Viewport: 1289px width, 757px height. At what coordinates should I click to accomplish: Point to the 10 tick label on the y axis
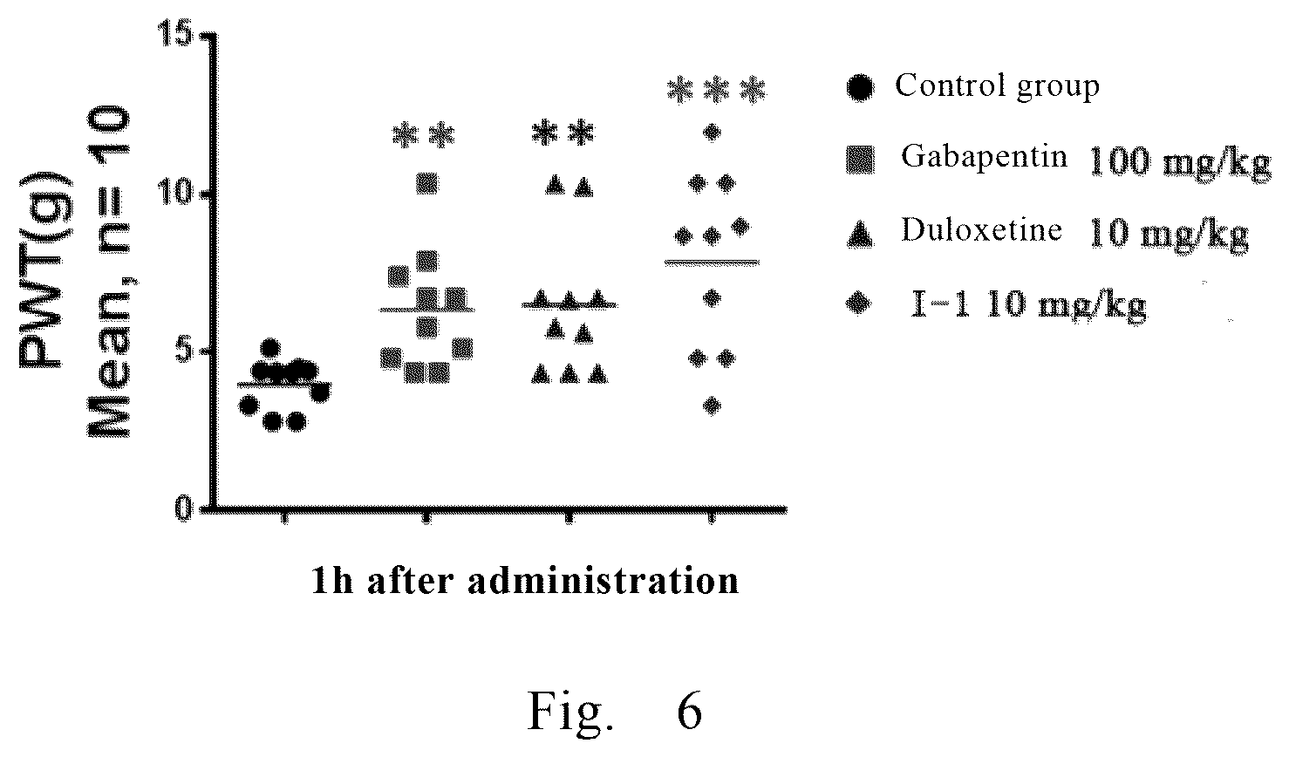tap(174, 193)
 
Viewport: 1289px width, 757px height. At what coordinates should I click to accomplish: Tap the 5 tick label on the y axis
tap(184, 351)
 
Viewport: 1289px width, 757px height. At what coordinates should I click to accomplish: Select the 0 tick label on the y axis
tap(184, 508)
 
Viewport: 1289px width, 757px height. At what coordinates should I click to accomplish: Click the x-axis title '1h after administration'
tap(525, 581)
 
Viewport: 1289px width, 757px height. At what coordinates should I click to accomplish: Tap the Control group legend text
tap(997, 86)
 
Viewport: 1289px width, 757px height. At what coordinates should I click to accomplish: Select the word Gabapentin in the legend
tap(984, 156)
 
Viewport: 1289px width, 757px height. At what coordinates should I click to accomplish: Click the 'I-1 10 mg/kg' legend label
tap(1028, 304)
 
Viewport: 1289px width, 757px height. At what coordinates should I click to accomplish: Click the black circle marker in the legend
tap(860, 88)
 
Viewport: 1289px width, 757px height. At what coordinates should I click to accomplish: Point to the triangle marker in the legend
tap(860, 235)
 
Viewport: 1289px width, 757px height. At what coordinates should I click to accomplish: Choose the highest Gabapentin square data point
tap(427, 183)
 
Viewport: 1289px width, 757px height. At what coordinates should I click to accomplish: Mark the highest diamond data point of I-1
tap(713, 133)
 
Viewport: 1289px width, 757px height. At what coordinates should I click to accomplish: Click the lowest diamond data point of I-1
tap(713, 406)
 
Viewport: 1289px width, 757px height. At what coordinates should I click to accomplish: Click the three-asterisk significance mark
tap(716, 91)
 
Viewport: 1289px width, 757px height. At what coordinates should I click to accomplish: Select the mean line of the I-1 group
tap(712, 263)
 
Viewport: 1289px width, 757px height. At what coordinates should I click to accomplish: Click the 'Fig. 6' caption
tap(615, 711)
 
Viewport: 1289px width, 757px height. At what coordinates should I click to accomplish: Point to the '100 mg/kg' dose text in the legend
tap(1180, 162)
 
